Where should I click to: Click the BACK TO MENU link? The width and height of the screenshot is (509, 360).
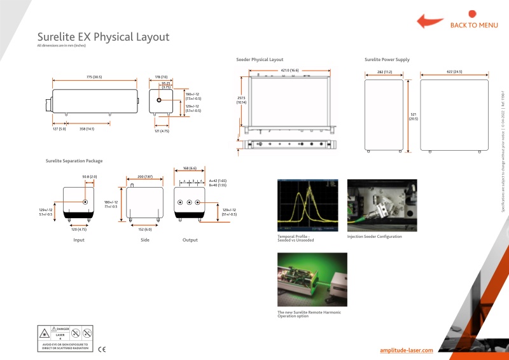[x=474, y=25]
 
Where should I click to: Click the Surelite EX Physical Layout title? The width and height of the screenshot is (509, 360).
[x=103, y=37]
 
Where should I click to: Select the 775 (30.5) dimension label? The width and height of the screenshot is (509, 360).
[x=94, y=77]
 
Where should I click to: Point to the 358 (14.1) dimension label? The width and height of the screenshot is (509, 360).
[x=87, y=128]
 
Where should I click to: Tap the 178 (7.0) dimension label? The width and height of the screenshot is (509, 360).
[x=161, y=77]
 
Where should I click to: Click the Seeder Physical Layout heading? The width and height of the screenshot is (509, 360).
[x=260, y=59]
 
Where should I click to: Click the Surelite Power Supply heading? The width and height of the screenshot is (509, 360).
[x=387, y=59]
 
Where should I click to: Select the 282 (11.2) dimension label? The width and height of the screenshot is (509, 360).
[x=384, y=72]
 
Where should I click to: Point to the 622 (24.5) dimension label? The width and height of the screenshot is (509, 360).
[x=454, y=72]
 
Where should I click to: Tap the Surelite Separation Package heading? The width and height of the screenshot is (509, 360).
[x=74, y=161]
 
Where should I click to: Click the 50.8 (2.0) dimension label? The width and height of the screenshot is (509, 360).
[x=90, y=176]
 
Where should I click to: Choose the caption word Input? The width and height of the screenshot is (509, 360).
[x=79, y=240]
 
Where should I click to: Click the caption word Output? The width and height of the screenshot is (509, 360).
[x=190, y=240]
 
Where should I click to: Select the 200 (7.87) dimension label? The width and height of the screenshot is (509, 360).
[x=145, y=176]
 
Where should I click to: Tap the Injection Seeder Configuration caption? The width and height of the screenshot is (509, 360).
[x=374, y=237]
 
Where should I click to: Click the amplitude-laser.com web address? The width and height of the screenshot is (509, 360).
[x=407, y=350]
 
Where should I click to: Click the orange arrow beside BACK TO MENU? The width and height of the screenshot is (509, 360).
[x=431, y=20]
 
